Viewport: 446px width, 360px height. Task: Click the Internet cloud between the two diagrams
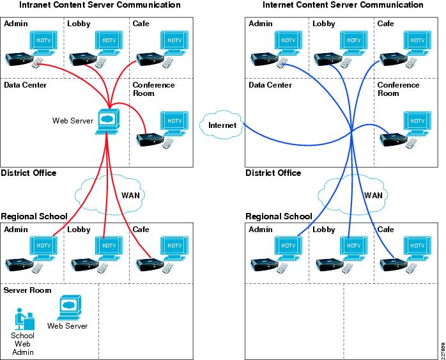[x=221, y=125]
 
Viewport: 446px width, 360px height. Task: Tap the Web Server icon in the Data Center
[x=108, y=121]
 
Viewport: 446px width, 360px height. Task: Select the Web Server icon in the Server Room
[x=69, y=308]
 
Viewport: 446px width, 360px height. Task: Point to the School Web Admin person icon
[x=24, y=319]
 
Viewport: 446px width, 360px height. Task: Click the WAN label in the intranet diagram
[x=130, y=195]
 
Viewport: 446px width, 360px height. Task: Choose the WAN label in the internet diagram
[x=373, y=195]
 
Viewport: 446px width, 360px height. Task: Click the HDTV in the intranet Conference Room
[x=174, y=124]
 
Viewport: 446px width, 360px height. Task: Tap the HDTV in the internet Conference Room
[x=417, y=124]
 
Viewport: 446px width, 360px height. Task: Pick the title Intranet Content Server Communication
[x=100, y=5]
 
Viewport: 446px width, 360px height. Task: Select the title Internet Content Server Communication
[x=342, y=5]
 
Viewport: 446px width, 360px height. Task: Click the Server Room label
[x=27, y=290]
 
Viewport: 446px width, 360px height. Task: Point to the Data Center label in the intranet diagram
[x=25, y=85]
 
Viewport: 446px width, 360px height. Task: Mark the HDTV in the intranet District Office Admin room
[x=43, y=43]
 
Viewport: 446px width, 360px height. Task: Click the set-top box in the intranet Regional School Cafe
[x=150, y=264]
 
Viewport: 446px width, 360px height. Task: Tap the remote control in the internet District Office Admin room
[x=282, y=63]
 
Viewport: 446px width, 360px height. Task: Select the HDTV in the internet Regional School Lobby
[x=353, y=248]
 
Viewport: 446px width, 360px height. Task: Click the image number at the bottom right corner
[x=443, y=351]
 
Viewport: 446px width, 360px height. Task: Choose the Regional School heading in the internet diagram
[x=279, y=216]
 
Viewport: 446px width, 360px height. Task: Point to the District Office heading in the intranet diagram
[x=29, y=173]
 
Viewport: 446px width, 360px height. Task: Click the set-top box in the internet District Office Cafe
[x=394, y=59]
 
